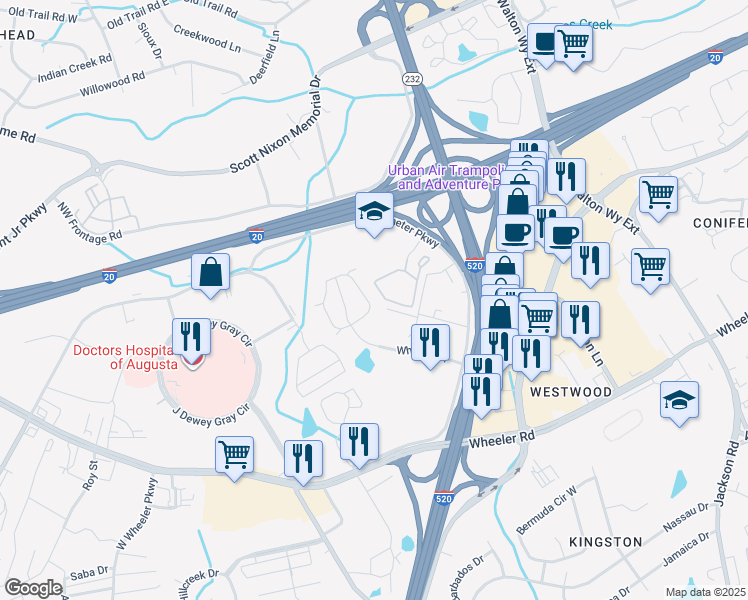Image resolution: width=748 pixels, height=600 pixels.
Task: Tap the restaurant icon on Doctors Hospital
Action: coord(191,336)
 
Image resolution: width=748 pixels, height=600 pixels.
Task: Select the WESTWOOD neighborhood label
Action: coord(570,392)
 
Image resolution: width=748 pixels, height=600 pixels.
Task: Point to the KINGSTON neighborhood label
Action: coord(605,541)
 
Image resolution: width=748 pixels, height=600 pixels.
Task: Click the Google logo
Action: coord(33,588)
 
